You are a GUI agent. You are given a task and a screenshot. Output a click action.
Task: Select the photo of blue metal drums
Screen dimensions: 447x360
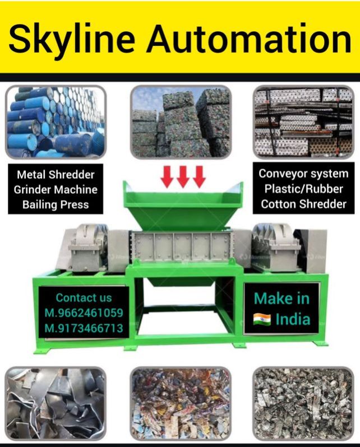click(56, 122)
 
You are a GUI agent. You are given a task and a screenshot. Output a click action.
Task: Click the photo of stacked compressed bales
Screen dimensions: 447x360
click(181, 122)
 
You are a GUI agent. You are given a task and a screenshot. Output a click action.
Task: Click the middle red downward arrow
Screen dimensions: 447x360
click(183, 176)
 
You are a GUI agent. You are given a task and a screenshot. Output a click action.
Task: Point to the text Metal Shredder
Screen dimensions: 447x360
click(56, 175)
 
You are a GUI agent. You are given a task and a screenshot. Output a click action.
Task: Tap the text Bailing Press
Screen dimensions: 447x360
click(56, 204)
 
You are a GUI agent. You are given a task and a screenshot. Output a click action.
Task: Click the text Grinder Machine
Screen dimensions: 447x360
click(56, 190)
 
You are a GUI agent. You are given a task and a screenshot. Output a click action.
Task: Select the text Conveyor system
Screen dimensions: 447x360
click(303, 174)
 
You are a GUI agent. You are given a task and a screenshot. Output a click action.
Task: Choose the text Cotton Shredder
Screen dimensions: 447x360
click(303, 204)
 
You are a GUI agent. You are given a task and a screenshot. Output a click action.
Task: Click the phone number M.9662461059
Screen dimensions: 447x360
click(84, 313)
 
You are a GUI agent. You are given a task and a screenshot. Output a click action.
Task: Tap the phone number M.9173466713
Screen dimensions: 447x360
click(84, 328)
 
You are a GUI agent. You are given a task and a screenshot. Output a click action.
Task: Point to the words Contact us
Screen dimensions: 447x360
click(84, 297)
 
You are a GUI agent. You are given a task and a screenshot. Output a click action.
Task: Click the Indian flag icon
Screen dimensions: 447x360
click(262, 320)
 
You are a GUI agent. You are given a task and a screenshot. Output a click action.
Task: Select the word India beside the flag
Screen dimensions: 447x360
click(293, 319)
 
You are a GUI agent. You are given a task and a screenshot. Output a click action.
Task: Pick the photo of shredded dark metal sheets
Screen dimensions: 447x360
click(56, 403)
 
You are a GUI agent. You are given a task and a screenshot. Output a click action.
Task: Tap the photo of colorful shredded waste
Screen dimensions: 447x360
click(181, 403)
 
